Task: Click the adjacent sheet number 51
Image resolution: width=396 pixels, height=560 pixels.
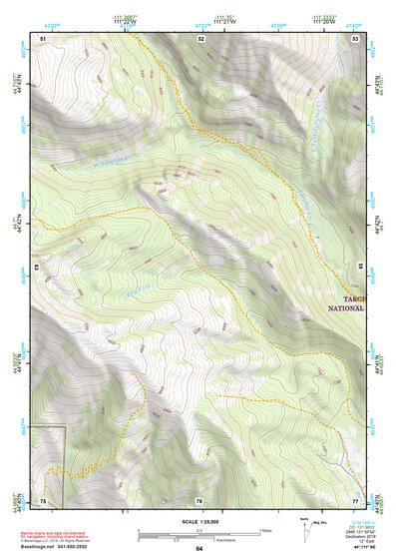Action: pos(43,38)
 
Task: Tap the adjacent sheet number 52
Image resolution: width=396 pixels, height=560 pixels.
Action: pos(200,38)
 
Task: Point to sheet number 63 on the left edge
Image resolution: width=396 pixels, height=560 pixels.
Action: pos(35,268)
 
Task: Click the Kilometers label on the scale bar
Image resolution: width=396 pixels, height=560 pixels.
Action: pos(203,540)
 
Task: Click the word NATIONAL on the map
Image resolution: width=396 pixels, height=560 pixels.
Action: pos(346,308)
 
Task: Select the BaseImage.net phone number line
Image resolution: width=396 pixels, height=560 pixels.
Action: pos(59,548)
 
